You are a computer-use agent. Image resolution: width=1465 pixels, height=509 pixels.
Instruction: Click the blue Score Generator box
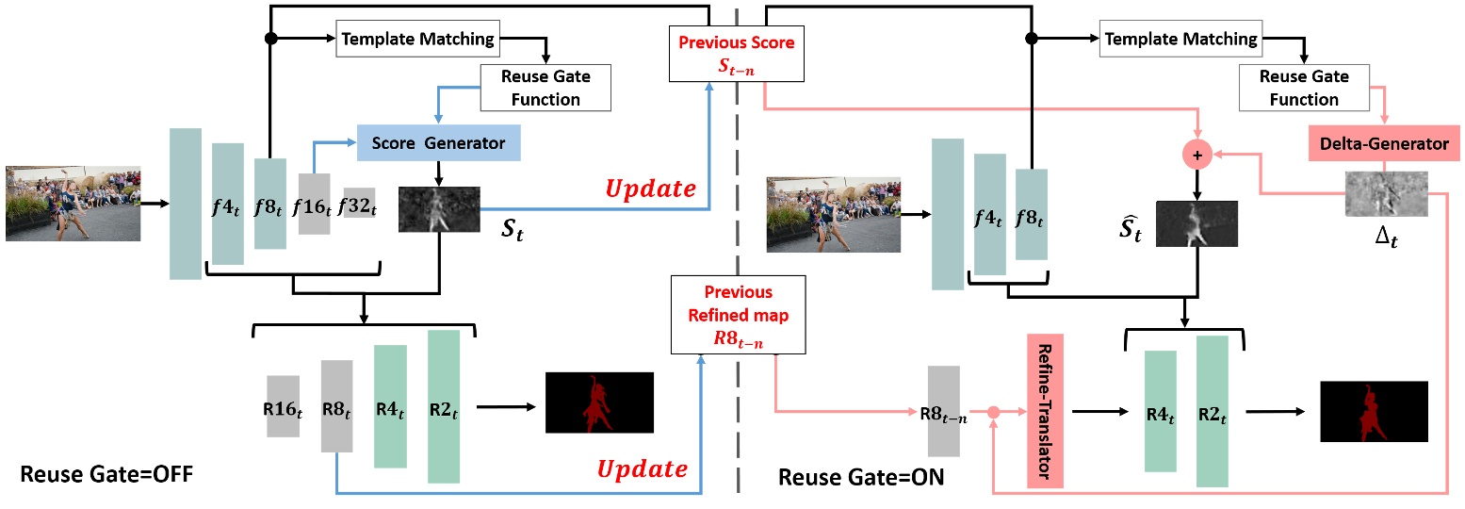438,143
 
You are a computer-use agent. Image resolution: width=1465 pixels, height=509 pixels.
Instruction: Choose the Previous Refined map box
738,315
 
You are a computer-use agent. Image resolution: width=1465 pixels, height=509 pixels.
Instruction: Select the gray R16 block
283,405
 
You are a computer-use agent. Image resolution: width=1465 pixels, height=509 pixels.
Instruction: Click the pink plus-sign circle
1197,153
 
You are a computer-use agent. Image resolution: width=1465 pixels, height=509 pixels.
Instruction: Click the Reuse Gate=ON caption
861,477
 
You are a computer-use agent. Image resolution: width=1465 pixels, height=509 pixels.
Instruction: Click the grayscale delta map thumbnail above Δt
1385,194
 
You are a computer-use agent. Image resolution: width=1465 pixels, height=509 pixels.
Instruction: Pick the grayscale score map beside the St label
439,209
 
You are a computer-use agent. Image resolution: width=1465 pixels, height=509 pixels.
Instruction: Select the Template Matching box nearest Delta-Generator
1180,39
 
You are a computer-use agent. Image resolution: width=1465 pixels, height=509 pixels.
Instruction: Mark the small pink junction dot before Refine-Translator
992,411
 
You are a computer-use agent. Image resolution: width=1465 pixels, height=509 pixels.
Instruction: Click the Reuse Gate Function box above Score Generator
545,87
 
